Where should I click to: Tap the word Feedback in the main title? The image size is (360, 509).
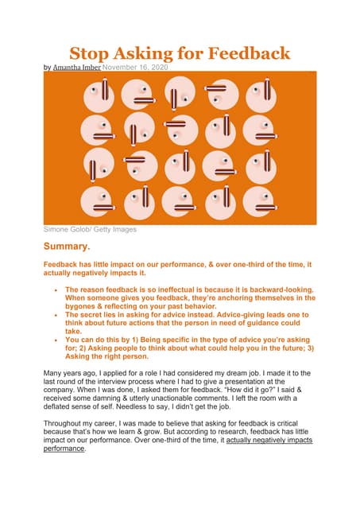pos(246,54)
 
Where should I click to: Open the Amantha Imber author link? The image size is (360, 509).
pos(76,69)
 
